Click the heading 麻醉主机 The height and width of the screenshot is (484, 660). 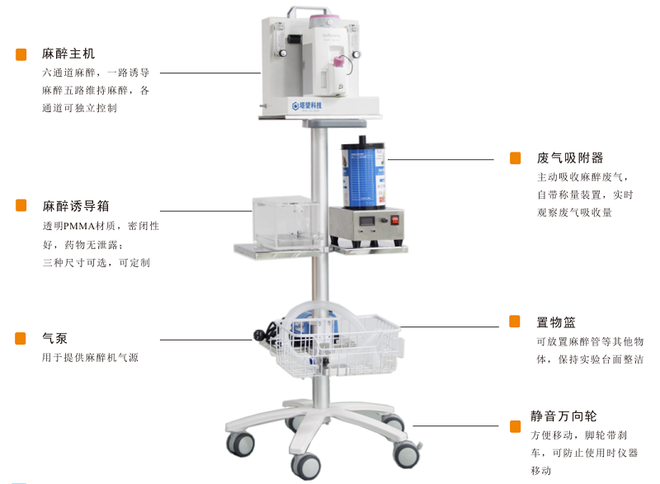point(68,54)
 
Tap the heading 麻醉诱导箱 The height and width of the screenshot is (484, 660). point(76,206)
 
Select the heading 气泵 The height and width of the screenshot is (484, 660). point(54,338)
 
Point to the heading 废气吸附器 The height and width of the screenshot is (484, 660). point(570,158)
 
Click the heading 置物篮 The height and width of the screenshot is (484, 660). point(556,322)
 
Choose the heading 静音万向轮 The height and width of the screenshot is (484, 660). point(563,416)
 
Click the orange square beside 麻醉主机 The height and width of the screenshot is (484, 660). point(21,54)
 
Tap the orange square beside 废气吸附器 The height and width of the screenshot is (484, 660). point(515,158)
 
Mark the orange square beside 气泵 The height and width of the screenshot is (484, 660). point(21,339)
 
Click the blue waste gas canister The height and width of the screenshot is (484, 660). point(363,173)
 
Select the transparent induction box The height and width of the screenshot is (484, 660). point(286,222)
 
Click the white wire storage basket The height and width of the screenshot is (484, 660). point(337,345)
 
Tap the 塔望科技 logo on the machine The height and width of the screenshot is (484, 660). point(307,106)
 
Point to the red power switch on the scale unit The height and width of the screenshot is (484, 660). point(395,220)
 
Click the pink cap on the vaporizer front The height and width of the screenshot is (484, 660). point(337,61)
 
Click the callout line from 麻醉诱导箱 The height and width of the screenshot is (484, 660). point(206,211)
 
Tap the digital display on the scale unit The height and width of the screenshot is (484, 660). point(365,220)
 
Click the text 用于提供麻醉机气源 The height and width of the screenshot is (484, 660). point(90,357)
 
